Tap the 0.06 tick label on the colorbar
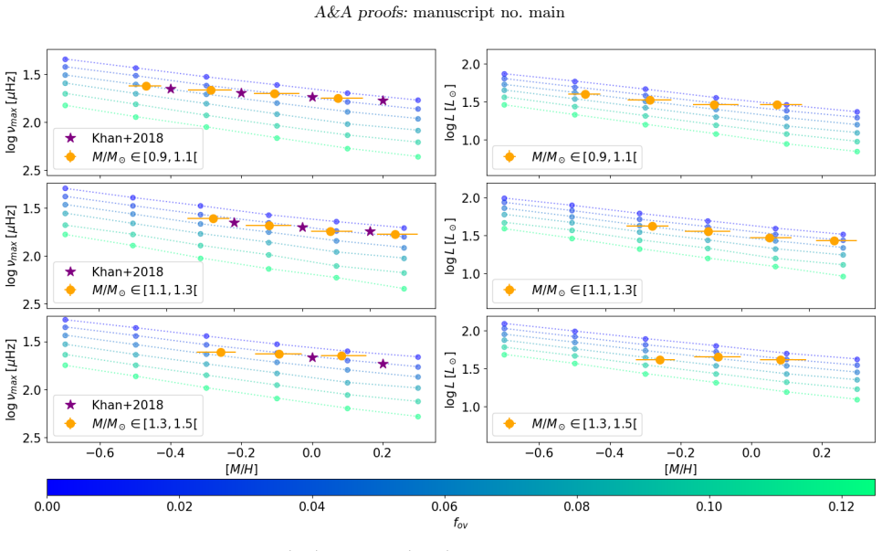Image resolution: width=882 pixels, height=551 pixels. [x=444, y=505]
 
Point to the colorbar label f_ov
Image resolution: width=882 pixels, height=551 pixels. [x=461, y=523]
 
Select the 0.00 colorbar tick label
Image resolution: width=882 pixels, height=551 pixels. [x=47, y=505]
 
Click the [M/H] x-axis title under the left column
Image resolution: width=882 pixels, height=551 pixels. [x=241, y=469]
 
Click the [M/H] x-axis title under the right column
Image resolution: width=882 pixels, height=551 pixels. [x=680, y=469]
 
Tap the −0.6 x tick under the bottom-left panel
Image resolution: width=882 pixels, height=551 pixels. [x=98, y=453]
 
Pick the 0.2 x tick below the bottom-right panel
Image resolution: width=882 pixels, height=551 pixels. [x=822, y=453]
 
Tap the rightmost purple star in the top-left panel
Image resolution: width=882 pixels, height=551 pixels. [x=383, y=101]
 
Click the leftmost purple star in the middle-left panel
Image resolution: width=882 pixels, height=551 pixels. [x=234, y=223]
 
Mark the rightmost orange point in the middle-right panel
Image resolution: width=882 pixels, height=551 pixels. [x=835, y=241]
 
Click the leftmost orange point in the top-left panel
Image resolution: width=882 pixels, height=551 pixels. [x=146, y=86]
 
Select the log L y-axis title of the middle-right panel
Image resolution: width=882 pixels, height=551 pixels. [x=450, y=247]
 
